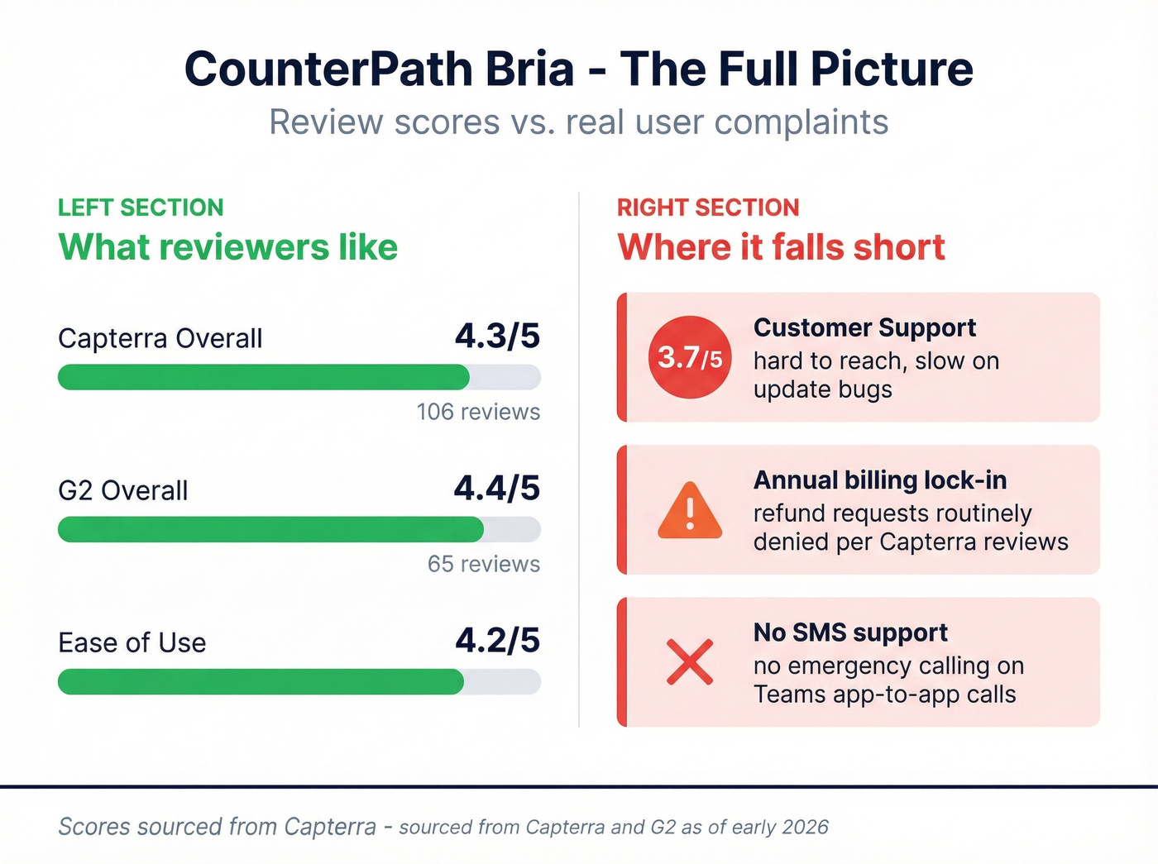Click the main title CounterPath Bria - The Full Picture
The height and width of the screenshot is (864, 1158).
pos(579,69)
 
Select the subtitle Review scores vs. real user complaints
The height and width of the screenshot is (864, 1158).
pos(579,122)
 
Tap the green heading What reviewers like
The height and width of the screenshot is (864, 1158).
pos(227,247)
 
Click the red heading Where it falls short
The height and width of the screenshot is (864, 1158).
pos(781,247)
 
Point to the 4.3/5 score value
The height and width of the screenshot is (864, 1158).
pos(497,337)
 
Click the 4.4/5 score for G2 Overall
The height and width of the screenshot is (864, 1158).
pos(497,489)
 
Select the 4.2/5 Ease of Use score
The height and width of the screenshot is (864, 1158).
pos(497,641)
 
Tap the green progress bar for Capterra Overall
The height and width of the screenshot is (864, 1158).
pos(263,377)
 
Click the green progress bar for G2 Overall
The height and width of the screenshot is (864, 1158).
pos(270,529)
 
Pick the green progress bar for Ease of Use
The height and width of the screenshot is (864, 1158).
pos(261,681)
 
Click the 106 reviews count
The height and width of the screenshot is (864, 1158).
pos(478,412)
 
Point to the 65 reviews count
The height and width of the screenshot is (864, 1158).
pos(484,564)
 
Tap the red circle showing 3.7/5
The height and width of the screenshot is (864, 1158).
pos(690,357)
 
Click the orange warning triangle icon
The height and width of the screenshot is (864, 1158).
pos(690,511)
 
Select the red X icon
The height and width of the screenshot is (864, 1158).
pos(690,662)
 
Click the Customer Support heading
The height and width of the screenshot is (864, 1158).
pos(864,328)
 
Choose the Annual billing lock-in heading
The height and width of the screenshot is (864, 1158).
pos(880,480)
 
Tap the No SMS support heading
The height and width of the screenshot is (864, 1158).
pos(850,632)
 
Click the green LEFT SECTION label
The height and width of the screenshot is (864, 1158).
pos(141,208)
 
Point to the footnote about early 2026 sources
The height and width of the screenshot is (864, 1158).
pos(443,827)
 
